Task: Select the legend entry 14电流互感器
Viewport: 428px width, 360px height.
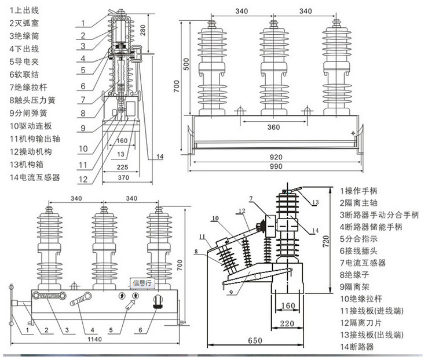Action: pos(35,177)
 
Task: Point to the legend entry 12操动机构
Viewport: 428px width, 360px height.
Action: pos(31,151)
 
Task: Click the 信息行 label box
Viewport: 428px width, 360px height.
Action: pos(141,283)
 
